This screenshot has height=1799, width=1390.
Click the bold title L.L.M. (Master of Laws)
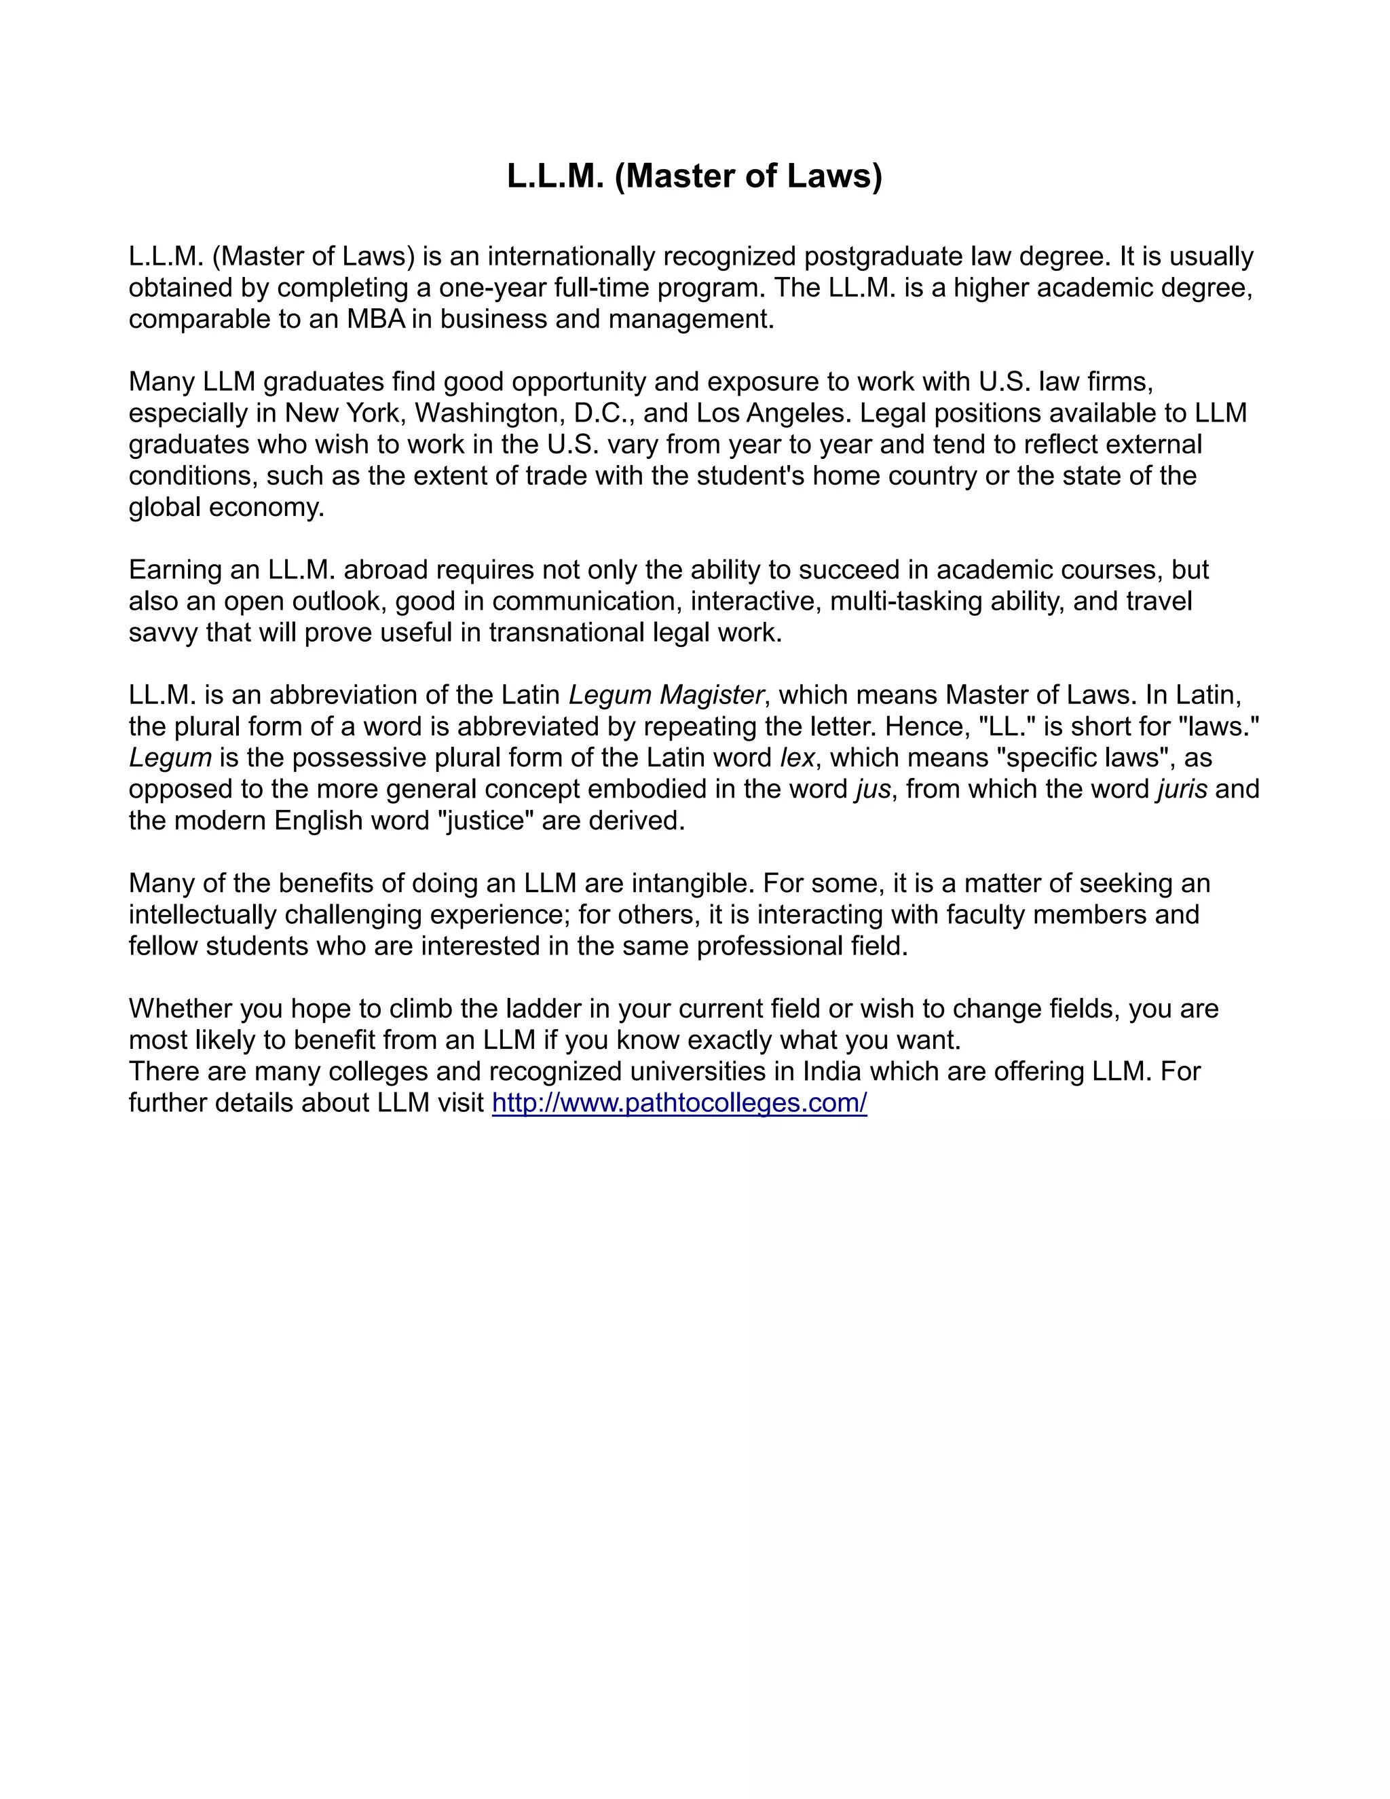pos(694,177)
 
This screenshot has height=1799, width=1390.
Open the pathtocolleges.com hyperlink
pos(679,1103)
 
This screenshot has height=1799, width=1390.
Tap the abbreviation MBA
pos(376,320)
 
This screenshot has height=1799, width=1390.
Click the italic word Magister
pos(712,695)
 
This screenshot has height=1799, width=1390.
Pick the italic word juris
pos(1182,789)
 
